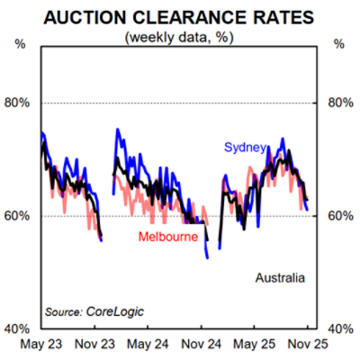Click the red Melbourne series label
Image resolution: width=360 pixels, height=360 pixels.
click(168, 237)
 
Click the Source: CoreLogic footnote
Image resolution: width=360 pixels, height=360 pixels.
click(94, 311)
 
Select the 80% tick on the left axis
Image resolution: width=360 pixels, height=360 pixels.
click(18, 103)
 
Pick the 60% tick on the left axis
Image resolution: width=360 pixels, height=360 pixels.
click(18, 216)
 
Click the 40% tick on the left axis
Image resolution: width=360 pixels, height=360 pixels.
click(18, 328)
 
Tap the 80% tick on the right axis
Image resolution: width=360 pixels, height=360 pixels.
click(340, 103)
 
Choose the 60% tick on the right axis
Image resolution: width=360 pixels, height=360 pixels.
click(340, 216)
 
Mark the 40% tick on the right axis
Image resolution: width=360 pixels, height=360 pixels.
click(340, 328)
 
